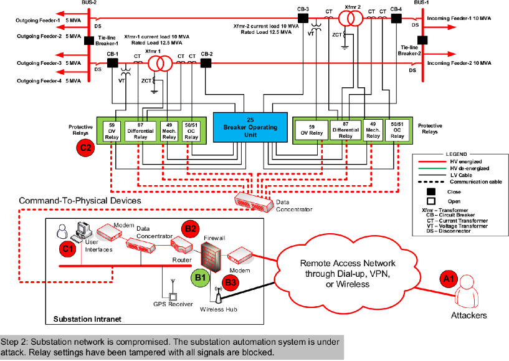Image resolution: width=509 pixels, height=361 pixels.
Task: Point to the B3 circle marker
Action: [x=231, y=282]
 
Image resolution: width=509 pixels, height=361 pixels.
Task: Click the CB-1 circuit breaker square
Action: [x=113, y=63]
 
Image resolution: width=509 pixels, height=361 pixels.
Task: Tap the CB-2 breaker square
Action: [x=207, y=62]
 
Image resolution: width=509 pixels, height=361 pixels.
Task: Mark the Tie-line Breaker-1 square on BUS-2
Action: [x=89, y=41]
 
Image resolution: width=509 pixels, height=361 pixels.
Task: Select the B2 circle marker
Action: [x=189, y=229]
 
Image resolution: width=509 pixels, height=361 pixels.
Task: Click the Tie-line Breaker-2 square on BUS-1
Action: [x=422, y=41]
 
